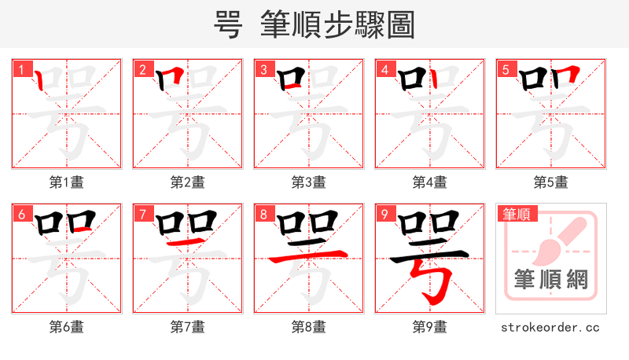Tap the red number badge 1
click(20, 69)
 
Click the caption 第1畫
click(67, 182)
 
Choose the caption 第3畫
click(309, 182)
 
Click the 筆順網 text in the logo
click(551, 279)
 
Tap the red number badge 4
click(383, 69)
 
